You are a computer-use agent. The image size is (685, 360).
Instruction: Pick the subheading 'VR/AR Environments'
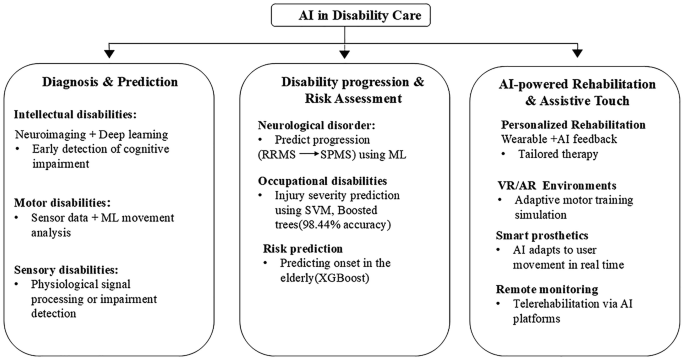(x=546, y=186)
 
